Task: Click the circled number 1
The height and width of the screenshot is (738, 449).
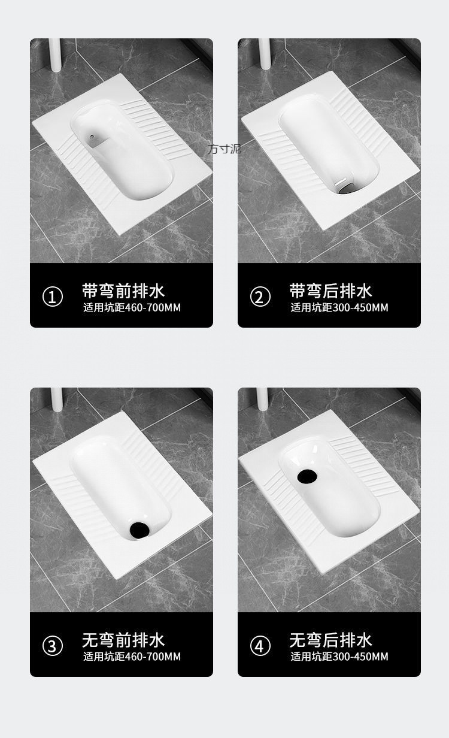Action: tap(53, 297)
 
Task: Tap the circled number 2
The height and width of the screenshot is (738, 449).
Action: tap(260, 297)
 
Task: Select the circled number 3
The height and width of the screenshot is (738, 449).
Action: tap(53, 646)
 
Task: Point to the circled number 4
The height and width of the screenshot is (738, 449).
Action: tap(260, 646)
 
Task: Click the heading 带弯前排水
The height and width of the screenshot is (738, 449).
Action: tap(123, 291)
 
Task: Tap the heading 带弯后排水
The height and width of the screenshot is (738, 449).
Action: tap(330, 291)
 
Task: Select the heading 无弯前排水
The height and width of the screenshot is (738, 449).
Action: tap(123, 640)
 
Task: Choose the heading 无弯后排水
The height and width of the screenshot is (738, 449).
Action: tap(330, 640)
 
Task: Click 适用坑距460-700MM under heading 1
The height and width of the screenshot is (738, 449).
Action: tap(132, 307)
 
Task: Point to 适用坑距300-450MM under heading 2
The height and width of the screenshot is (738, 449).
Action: tap(339, 307)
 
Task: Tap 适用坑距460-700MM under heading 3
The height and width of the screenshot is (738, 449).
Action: tap(132, 657)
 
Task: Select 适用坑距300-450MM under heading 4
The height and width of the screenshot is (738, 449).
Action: tap(339, 657)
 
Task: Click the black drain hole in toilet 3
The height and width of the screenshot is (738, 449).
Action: tap(139, 530)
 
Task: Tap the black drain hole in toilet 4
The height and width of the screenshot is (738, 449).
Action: tap(307, 476)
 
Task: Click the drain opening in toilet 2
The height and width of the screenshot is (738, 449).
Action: tap(344, 187)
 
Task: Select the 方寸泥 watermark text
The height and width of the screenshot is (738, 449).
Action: tap(224, 149)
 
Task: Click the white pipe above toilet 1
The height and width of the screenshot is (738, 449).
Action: tap(54, 55)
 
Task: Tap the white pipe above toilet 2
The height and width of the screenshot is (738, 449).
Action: tap(265, 54)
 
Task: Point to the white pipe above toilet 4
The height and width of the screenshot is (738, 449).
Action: tap(262, 399)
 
